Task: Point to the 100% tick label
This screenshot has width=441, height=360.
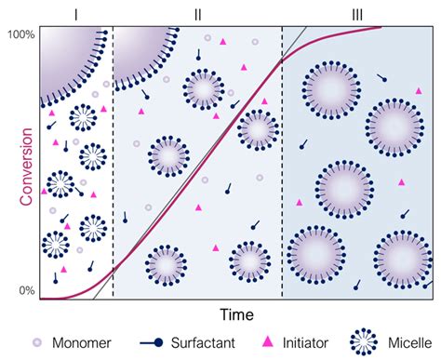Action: coord(20,33)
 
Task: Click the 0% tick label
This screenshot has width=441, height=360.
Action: coord(25,291)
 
